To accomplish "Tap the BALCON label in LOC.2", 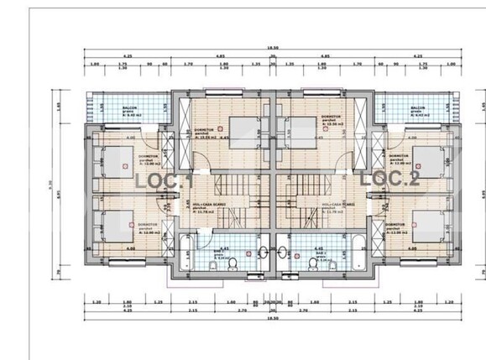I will click(x=417, y=109).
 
